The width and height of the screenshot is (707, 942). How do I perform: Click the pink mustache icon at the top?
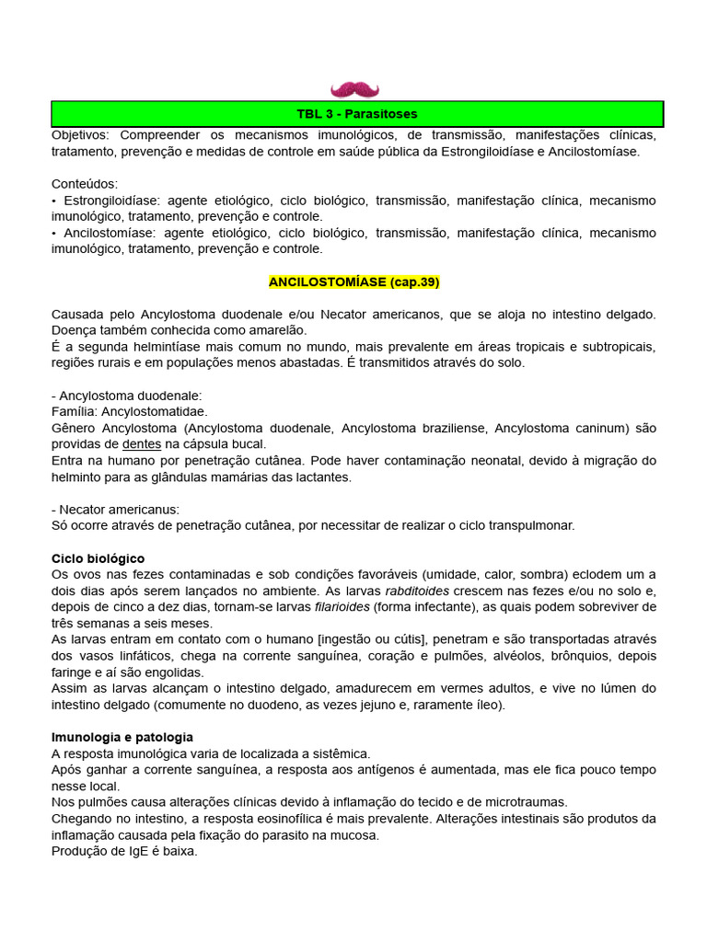pyautogui.click(x=354, y=89)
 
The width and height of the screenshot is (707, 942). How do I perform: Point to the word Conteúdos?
pyautogui.click(x=85, y=184)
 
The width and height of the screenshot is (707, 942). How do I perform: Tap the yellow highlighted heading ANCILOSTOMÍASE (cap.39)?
pyautogui.click(x=354, y=281)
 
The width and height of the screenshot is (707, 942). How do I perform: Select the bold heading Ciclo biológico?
pyautogui.click(x=99, y=558)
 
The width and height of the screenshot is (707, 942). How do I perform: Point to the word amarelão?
pyautogui.click(x=276, y=330)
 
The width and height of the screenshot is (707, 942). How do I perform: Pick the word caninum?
pyautogui.click(x=599, y=428)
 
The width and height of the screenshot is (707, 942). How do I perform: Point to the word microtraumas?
pyautogui.click(x=527, y=802)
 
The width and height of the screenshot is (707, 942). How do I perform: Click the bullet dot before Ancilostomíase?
pyautogui.click(x=54, y=233)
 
